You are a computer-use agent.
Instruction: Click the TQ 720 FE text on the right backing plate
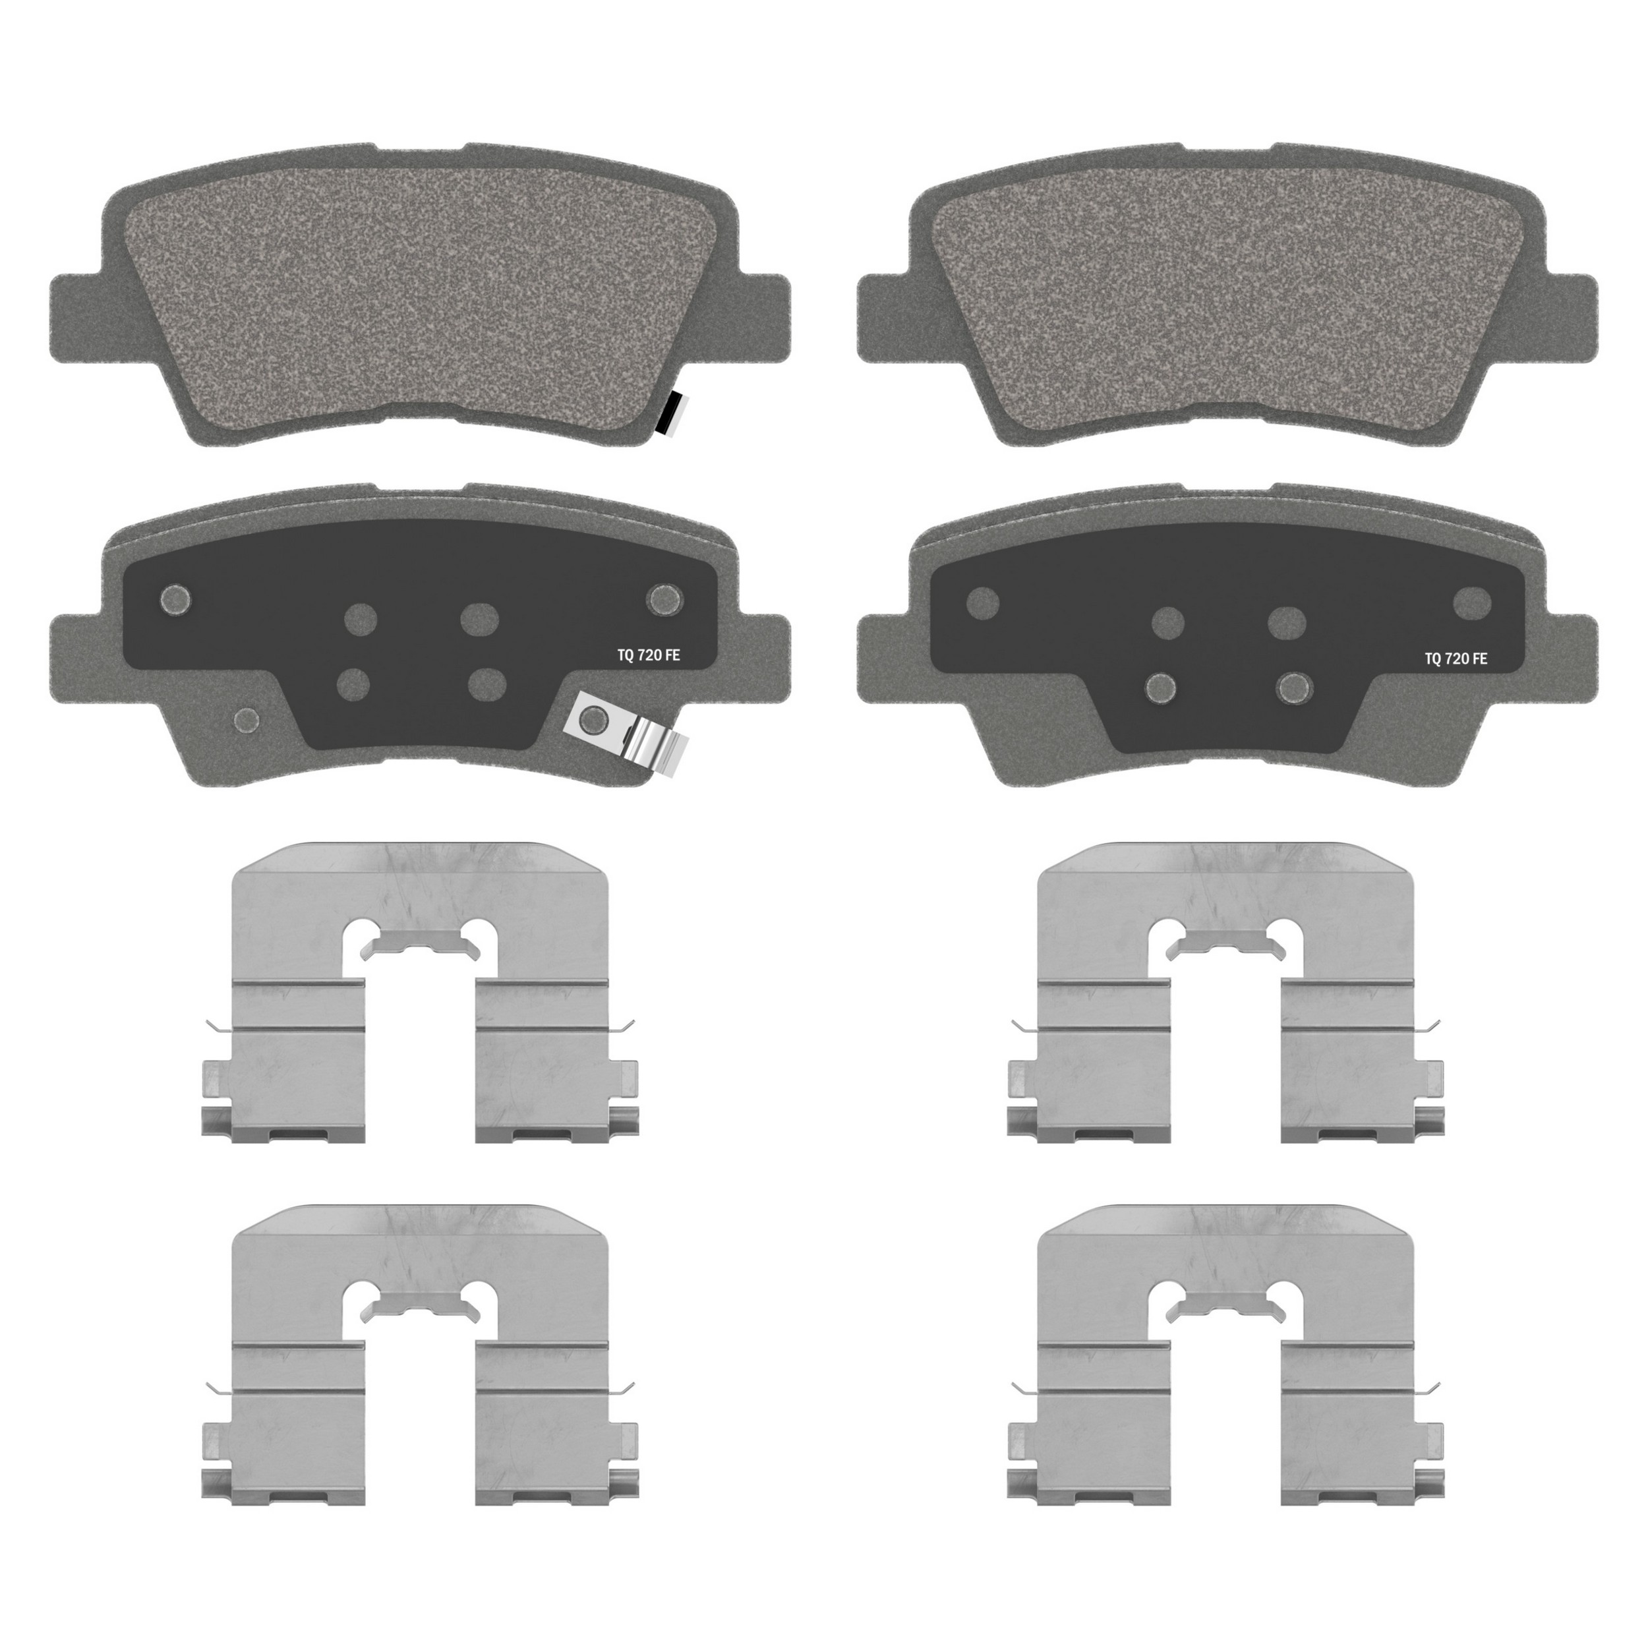tap(1456, 659)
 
